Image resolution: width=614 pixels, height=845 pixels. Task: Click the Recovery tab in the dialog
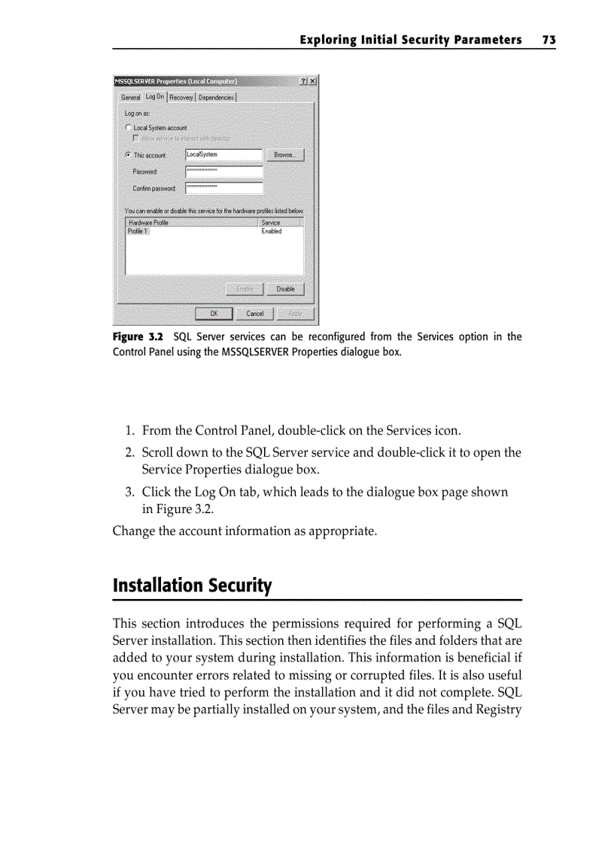tap(181, 97)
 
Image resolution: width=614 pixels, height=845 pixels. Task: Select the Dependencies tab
tap(216, 97)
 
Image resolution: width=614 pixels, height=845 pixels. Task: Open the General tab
tap(130, 97)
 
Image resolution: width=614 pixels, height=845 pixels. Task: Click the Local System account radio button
tap(129, 128)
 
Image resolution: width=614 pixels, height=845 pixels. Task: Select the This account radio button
tap(129, 155)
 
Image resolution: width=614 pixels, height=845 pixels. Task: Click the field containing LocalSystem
tap(223, 155)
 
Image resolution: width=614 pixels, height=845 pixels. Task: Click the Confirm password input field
tap(223, 188)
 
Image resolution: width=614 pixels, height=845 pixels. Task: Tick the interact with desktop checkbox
tap(136, 138)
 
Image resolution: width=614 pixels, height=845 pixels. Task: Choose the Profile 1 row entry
tap(138, 232)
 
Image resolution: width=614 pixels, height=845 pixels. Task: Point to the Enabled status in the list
tap(272, 232)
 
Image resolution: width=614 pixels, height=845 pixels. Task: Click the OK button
tap(214, 314)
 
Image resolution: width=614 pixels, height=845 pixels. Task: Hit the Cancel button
tap(255, 314)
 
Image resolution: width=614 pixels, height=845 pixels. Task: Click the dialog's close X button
tap(312, 81)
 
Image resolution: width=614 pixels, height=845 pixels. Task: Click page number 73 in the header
tap(549, 40)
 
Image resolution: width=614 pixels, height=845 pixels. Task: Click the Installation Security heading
tap(192, 585)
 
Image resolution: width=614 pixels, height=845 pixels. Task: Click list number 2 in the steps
tap(129, 452)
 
